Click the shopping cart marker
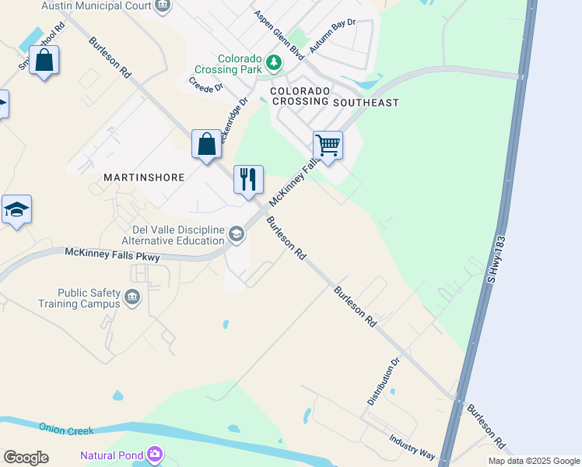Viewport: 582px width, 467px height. pos(328,145)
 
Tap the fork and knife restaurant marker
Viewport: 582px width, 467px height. pos(249,179)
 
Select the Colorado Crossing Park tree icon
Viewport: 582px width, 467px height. pos(273,61)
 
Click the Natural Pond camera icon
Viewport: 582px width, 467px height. pos(155,454)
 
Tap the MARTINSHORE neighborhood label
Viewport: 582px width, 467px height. pos(144,177)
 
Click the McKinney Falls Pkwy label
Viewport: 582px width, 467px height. pos(112,254)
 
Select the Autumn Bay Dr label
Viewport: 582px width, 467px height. pos(331,36)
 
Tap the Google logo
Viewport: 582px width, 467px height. pos(26,458)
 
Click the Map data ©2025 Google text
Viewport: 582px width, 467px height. pos(533,461)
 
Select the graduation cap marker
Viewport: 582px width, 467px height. pos(16,209)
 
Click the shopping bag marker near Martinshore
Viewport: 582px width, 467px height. pos(206,144)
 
